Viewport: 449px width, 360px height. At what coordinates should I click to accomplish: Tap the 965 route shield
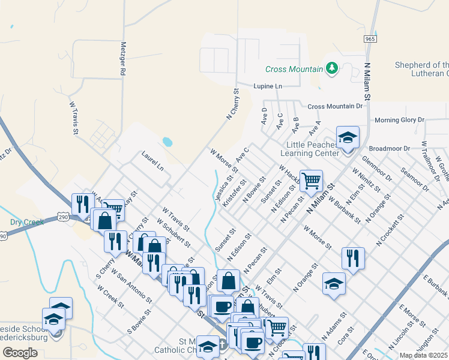[370, 38]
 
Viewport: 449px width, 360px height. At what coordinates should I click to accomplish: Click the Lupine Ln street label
[267, 86]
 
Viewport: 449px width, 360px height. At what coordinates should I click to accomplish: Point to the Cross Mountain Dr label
[336, 106]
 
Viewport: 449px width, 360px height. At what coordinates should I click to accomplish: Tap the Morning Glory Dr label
[399, 120]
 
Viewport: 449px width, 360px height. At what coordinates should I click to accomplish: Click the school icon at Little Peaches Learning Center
[348, 138]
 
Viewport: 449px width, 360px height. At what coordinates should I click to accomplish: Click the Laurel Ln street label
[152, 161]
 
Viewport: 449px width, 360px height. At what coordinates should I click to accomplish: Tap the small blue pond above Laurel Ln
[167, 143]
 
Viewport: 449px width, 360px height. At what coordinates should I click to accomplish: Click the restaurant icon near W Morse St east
[352, 257]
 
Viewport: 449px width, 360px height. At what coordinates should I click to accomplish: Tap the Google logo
[20, 352]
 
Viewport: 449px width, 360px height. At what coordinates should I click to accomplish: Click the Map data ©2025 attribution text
[423, 355]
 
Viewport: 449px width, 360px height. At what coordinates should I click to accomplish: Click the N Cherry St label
[232, 105]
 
